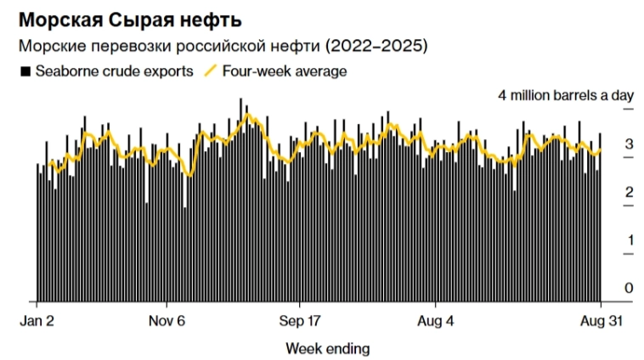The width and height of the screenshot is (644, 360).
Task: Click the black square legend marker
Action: tap(25, 71)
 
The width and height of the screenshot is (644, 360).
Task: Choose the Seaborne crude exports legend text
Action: tap(114, 71)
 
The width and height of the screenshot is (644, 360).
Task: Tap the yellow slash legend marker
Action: tap(211, 71)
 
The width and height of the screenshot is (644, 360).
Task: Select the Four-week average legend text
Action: tap(284, 71)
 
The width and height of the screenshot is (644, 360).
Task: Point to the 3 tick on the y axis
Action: tap(629, 145)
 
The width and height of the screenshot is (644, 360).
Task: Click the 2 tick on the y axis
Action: tap(629, 193)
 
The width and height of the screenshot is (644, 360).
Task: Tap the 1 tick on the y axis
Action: tap(629, 240)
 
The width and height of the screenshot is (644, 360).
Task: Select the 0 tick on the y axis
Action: tap(629, 289)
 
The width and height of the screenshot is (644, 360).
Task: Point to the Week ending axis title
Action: tap(327, 348)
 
